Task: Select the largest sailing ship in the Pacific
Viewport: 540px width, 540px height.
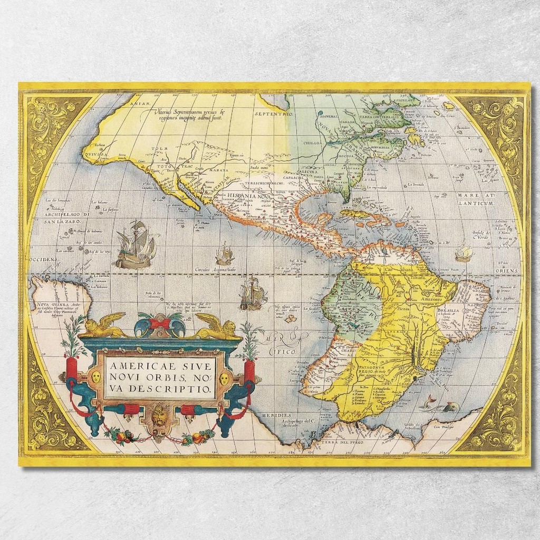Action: tap(137, 245)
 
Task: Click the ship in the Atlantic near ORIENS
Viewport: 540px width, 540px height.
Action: tap(463, 253)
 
